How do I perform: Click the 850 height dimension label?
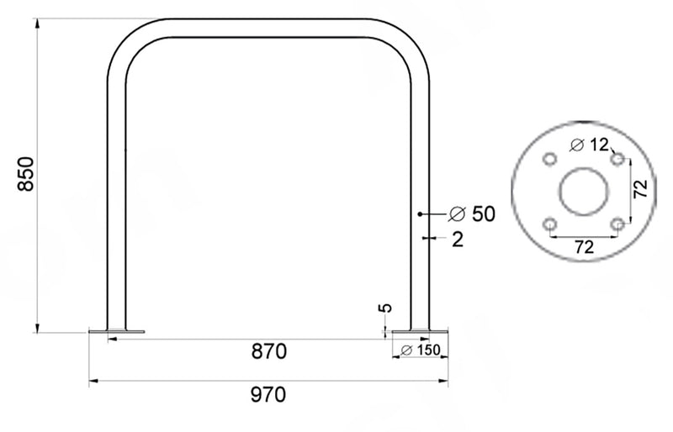point(25,174)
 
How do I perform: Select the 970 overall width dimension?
point(268,393)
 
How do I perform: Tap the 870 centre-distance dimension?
point(268,350)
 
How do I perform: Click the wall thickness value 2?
point(457,240)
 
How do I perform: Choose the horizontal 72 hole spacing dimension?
point(583,247)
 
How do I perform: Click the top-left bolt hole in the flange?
point(549,159)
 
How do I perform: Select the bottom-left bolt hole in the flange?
point(549,224)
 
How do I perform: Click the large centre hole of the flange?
point(583,192)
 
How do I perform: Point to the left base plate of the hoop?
point(116,330)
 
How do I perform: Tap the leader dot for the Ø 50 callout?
point(419,214)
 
